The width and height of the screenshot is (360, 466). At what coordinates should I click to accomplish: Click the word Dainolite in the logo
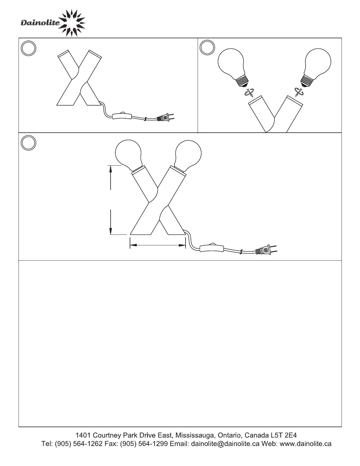(40, 23)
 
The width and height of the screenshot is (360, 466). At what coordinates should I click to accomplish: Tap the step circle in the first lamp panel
(29, 48)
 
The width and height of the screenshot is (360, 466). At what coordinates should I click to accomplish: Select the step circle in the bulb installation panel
(207, 47)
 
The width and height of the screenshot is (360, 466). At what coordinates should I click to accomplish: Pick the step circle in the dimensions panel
(29, 143)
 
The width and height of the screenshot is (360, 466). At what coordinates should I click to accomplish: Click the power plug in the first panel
(165, 118)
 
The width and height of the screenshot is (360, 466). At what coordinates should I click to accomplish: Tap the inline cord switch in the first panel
(122, 116)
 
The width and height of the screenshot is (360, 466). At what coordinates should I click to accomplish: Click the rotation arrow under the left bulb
(249, 92)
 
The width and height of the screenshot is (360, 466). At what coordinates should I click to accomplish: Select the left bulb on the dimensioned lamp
(129, 155)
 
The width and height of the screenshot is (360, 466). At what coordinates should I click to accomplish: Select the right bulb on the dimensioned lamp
(188, 155)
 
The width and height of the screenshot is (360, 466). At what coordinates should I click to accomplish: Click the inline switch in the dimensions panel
(212, 248)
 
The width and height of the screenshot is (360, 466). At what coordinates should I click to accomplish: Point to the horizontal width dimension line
(158, 245)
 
